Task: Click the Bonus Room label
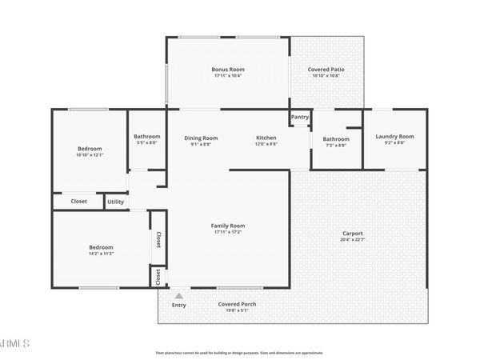[x=228, y=70]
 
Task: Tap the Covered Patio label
[x=326, y=70]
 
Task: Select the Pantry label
[x=300, y=117]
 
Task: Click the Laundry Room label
[x=394, y=137]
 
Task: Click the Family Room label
[x=228, y=226]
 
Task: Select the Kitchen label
[x=266, y=137]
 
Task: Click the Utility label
[x=116, y=202]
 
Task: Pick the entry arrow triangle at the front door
[x=178, y=295]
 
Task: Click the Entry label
[x=178, y=305]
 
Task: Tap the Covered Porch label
[x=236, y=304]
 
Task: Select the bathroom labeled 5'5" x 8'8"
[x=146, y=137]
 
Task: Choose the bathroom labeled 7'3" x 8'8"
[x=336, y=139]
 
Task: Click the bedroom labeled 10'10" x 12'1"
[x=90, y=150]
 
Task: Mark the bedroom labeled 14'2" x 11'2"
[x=101, y=247]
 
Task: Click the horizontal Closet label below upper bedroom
[x=78, y=202]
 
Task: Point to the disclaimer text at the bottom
[x=239, y=352]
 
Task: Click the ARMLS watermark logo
[x=14, y=343]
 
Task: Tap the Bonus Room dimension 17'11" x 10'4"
[x=228, y=77]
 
